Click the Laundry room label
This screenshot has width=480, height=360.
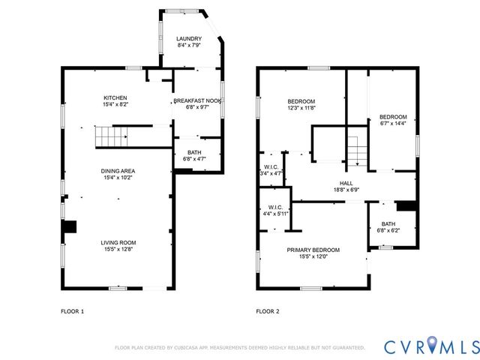click(189, 39)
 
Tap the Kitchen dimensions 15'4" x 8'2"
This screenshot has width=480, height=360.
click(115, 104)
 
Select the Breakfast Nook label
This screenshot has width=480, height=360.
click(197, 100)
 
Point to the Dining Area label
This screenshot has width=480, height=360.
click(118, 171)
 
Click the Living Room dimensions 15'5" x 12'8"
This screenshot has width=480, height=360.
click(118, 249)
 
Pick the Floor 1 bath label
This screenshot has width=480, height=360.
click(194, 152)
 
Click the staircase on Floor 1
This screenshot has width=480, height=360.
click(111, 136)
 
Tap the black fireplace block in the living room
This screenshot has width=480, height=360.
click(70, 226)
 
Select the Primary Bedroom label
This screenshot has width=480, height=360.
click(313, 250)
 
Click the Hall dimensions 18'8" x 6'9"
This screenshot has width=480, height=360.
click(346, 190)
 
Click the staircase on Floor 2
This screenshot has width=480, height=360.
click(357, 151)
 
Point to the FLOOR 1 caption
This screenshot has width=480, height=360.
click(72, 311)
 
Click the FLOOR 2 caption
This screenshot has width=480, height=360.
click(268, 311)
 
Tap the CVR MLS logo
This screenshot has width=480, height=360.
click(432, 346)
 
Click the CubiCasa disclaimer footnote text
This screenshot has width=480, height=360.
click(240, 348)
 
